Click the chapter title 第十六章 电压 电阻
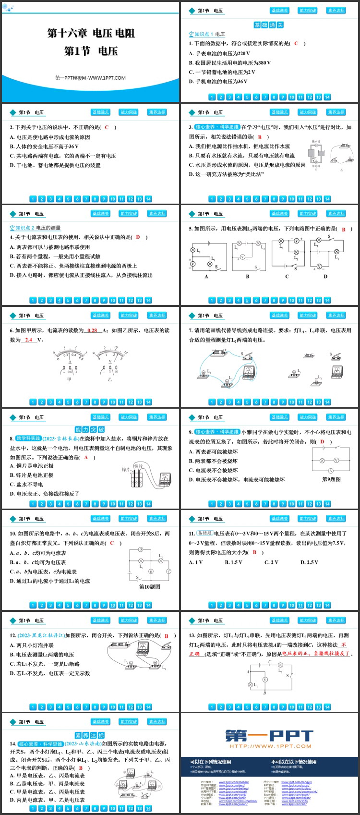pos(91,33)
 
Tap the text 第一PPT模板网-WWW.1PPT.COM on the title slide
pos(90,78)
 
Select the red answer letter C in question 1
pos(296,43)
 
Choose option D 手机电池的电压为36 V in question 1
pos(218,82)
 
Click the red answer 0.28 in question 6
pos(93,330)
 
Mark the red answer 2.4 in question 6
pos(28,340)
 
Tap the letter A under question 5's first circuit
pos(206,277)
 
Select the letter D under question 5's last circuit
pos(325,276)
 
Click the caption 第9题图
pos(331,479)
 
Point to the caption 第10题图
pos(149,586)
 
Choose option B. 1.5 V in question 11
pos(233,562)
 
